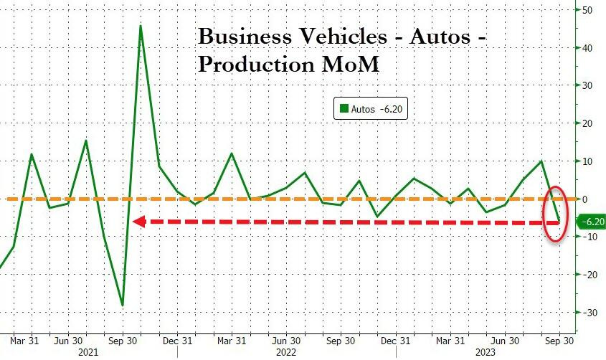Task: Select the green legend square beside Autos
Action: click(x=344, y=108)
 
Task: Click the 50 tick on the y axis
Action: click(x=587, y=10)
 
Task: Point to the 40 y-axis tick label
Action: click(x=587, y=48)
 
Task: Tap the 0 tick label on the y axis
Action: click(x=584, y=199)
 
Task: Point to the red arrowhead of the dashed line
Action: click(x=139, y=222)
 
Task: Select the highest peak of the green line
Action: click(x=141, y=26)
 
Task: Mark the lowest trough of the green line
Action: click(x=122, y=305)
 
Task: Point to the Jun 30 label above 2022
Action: click(x=287, y=340)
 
